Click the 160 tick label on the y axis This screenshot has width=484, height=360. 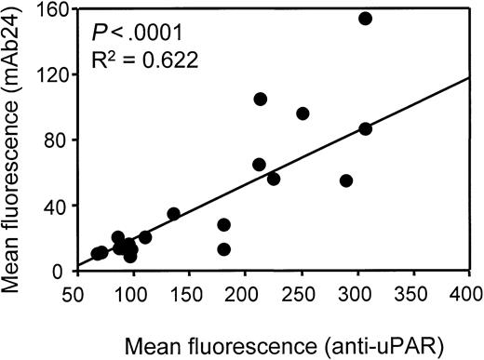(x=55, y=9)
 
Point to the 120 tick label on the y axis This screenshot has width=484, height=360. (x=55, y=74)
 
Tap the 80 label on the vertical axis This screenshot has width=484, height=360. (x=60, y=140)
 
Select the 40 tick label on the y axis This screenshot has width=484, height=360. (x=60, y=206)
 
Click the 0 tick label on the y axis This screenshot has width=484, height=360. (x=64, y=271)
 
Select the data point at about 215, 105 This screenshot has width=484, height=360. (x=261, y=99)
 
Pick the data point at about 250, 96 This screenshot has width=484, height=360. (x=302, y=113)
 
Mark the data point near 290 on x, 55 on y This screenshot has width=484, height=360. (x=346, y=180)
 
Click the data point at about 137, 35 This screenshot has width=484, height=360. (x=173, y=213)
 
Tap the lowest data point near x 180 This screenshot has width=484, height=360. (x=223, y=249)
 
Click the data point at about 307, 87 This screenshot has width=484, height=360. (x=365, y=128)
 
